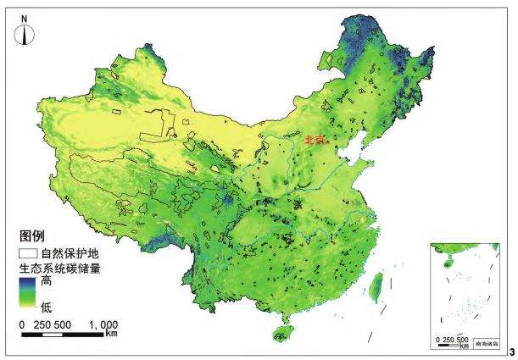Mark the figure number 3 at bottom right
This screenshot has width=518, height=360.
click(511, 350)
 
